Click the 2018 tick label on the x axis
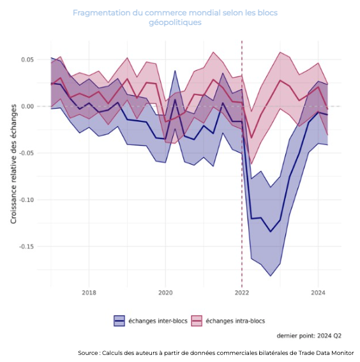(89, 293)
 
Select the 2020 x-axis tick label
(165, 293)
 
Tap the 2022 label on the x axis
(242, 293)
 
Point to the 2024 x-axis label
(318, 293)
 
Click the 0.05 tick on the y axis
(27, 59)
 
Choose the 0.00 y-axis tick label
(27, 107)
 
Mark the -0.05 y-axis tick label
(26, 153)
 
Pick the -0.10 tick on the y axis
(26, 200)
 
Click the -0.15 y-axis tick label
(26, 246)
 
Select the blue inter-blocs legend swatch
(119, 321)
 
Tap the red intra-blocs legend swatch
(197, 321)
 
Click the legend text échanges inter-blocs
(158, 321)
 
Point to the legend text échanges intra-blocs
(236, 321)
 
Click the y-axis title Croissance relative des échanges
(13, 164)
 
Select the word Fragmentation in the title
(101, 13)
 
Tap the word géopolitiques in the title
(175, 22)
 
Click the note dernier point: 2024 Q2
(309, 336)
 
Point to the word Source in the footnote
(88, 353)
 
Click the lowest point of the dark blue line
(271, 232)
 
